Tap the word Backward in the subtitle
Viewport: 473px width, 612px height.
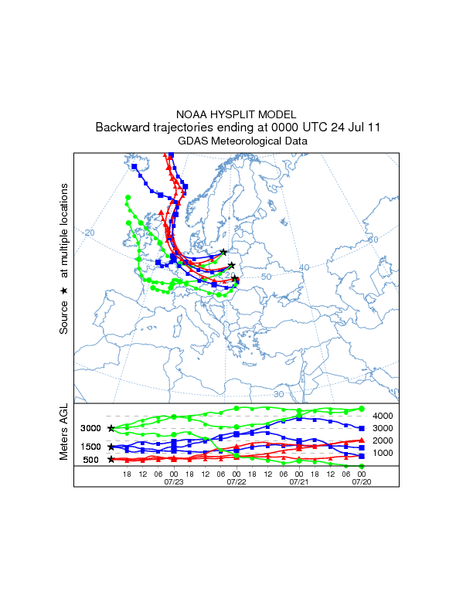[124, 127]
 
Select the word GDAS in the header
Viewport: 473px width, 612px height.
[193, 141]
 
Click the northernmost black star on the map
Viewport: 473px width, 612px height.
[223, 252]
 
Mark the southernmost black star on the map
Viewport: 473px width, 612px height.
[235, 278]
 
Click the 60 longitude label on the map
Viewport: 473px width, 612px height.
[373, 240]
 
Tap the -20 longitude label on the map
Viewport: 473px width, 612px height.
[89, 233]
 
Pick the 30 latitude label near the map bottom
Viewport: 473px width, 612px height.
[278, 394]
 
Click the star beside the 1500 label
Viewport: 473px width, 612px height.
[111, 447]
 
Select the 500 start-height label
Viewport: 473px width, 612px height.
[91, 460]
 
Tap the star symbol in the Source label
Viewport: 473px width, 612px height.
[65, 290]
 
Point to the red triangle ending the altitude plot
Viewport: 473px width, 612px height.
[362, 440]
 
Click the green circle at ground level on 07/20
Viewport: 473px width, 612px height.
[362, 466]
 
